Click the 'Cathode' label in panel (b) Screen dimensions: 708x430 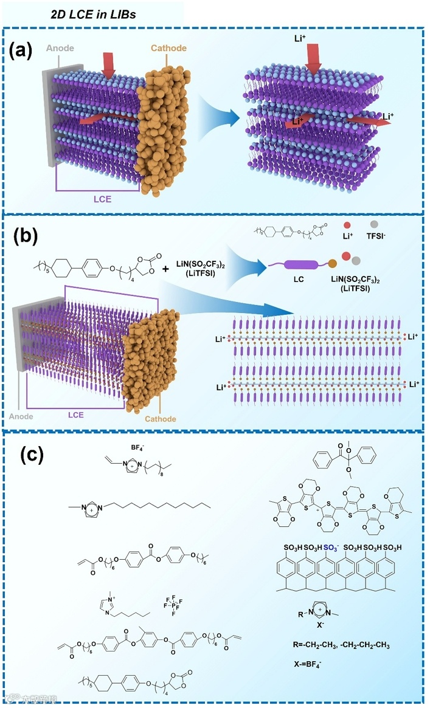(x=161, y=419)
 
